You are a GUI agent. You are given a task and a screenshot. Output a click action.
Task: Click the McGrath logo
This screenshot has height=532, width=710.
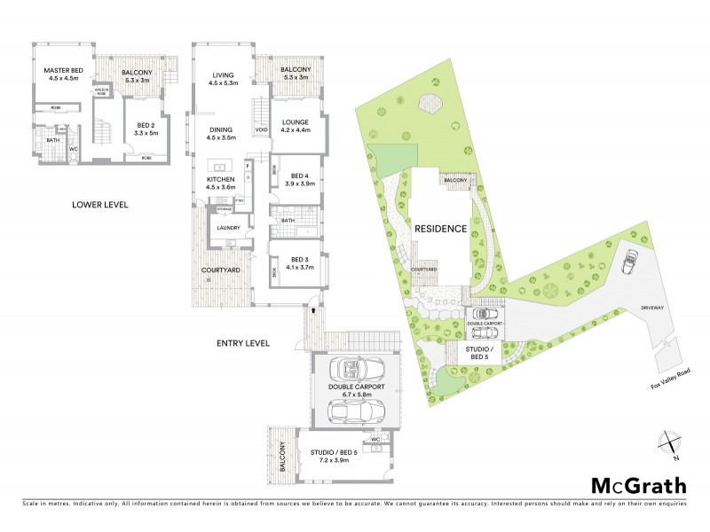[x=639, y=485]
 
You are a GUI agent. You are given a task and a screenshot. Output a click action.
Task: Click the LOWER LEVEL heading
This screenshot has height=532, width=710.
[x=100, y=205]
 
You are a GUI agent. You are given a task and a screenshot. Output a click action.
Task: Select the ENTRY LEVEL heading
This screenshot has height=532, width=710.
[x=243, y=343]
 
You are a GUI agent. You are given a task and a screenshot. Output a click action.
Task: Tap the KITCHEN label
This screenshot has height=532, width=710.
[x=221, y=180]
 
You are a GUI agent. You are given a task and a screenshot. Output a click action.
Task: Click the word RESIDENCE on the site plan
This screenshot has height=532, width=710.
[x=441, y=229]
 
